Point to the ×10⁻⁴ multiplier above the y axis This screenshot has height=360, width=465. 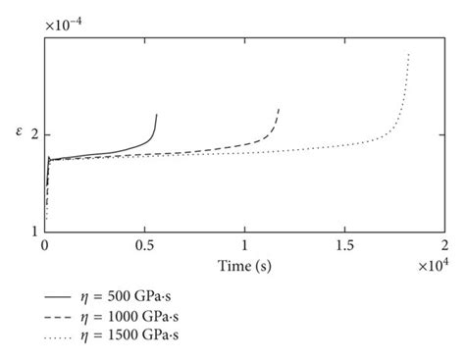(x=62, y=23)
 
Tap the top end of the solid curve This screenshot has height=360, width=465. (x=156, y=114)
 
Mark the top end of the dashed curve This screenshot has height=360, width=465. (x=279, y=108)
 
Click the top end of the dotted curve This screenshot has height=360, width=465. (x=408, y=53)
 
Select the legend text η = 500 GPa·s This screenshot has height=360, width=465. (x=135, y=294)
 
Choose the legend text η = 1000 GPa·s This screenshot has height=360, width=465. (x=138, y=315)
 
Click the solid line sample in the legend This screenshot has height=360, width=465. (x=60, y=294)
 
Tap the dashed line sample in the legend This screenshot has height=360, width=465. (x=60, y=315)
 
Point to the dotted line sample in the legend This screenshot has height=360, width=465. (x=60, y=335)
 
